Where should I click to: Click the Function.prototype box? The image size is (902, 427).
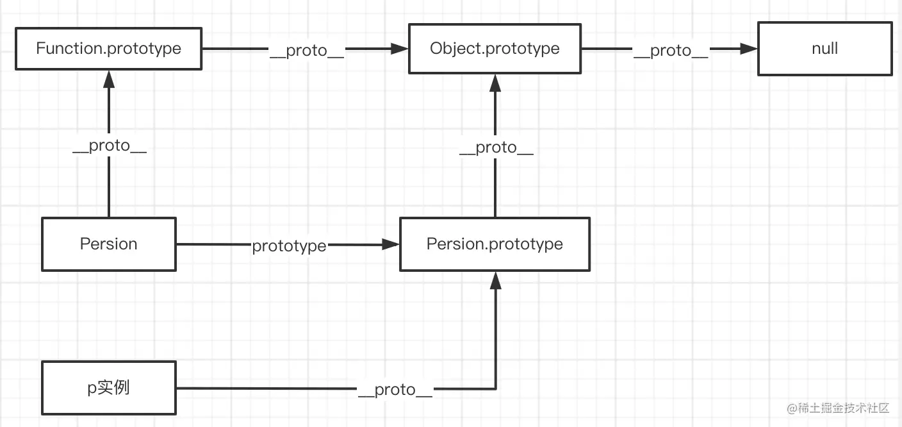click(108, 48)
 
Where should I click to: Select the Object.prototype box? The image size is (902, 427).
click(495, 48)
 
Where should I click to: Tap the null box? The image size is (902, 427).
click(824, 48)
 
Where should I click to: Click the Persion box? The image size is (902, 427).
click(108, 244)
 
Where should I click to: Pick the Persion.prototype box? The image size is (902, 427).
click(495, 244)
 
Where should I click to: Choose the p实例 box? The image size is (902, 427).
click(108, 387)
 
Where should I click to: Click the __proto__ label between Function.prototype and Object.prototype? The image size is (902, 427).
click(307, 51)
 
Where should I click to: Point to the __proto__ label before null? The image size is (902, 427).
click(671, 51)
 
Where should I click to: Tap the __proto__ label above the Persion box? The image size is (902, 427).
click(109, 146)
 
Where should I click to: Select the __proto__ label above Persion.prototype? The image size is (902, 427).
click(496, 147)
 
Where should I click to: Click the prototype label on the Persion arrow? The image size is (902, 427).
click(289, 246)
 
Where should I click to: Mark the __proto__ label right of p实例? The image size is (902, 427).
click(395, 390)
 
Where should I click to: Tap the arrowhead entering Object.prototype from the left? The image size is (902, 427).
click(400, 49)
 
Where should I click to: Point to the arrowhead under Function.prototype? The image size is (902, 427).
click(109, 80)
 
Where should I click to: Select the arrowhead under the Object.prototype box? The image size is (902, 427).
click(495, 81)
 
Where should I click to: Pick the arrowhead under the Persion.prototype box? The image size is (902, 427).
click(495, 280)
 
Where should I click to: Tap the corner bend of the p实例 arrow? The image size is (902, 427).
click(495, 388)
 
